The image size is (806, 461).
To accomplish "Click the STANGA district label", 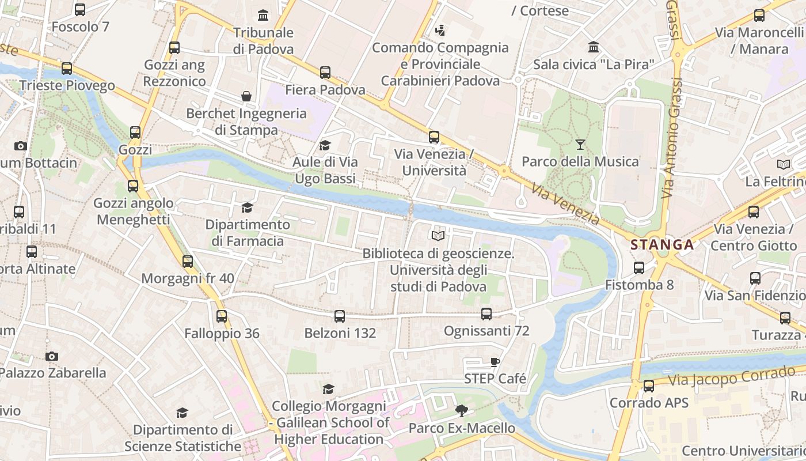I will pos(662,244).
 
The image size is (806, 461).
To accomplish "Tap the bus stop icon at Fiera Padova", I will pos(325,73).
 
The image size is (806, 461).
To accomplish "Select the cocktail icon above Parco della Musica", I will pos(580,145).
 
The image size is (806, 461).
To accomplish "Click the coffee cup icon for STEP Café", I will pos(495,362).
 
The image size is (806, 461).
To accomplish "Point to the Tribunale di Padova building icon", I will pos(263,15).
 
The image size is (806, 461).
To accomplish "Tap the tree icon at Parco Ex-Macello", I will pos(461,411).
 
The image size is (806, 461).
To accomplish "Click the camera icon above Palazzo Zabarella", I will pos(52,356).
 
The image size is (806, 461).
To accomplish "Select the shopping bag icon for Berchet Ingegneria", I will pos(246,96).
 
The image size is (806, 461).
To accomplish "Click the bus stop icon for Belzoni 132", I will pos(340,316).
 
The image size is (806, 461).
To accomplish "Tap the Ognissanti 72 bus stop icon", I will pos(486,313).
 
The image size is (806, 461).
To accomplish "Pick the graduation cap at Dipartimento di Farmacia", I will pos(247,207).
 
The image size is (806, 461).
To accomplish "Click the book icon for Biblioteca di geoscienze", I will pos(438,236).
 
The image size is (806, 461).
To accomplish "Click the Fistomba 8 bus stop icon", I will pos(639,267).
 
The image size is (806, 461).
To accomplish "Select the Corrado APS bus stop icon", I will pos(649,386).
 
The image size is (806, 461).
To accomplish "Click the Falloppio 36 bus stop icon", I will pos(222,316).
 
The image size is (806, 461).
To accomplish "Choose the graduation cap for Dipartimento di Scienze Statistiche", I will pos(182,413).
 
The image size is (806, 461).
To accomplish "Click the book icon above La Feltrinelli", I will pos(783,164).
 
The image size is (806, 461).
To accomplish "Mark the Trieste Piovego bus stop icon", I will pos(67,69).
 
